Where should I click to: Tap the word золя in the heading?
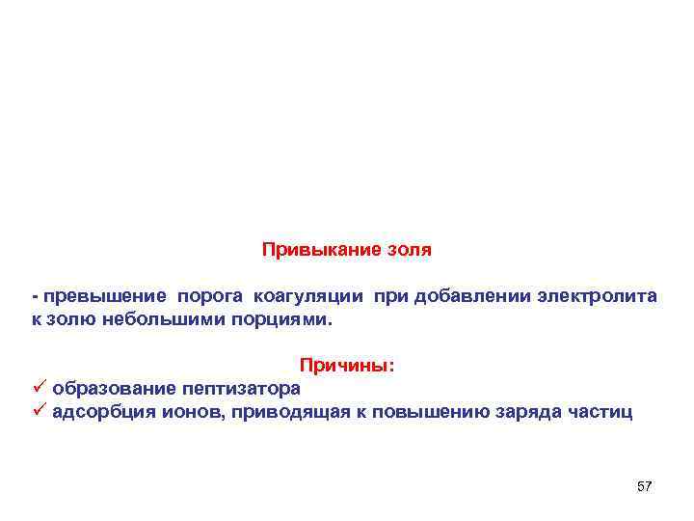[x=407, y=251]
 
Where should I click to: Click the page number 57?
[x=645, y=486]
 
